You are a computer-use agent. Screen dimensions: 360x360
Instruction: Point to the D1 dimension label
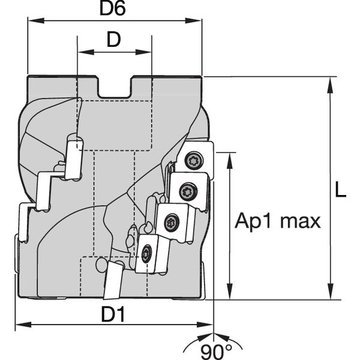point(113,314)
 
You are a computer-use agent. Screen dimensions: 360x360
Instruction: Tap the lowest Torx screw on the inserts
point(146,254)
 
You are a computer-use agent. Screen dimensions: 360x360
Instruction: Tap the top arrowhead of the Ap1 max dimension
point(229,158)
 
